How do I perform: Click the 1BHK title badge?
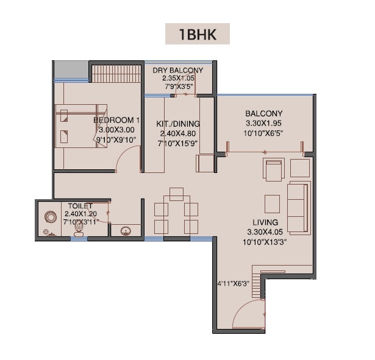198,34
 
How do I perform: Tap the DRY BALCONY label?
177,70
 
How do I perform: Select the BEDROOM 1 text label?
116,120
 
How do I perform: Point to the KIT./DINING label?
178,124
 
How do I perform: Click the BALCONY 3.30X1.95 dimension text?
263,123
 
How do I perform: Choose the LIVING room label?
265,222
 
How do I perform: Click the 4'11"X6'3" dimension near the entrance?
233,284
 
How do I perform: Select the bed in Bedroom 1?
81,126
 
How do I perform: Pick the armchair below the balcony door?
274,169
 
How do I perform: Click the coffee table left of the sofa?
272,204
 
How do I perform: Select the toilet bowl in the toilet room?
79,228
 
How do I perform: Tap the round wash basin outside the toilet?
126,231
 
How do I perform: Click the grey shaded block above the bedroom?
71,69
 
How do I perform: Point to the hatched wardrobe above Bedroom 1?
116,74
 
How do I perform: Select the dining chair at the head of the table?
176,194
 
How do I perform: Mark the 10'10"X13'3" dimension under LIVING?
265,242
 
